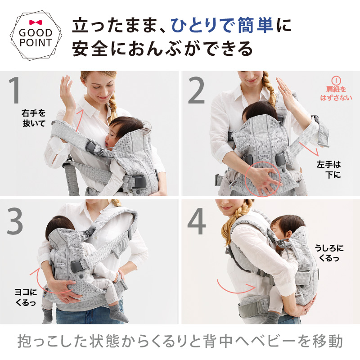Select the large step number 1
[x=16, y=91]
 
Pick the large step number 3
[x=16, y=220]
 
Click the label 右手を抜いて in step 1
[x=34, y=118]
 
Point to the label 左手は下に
[x=328, y=170]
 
